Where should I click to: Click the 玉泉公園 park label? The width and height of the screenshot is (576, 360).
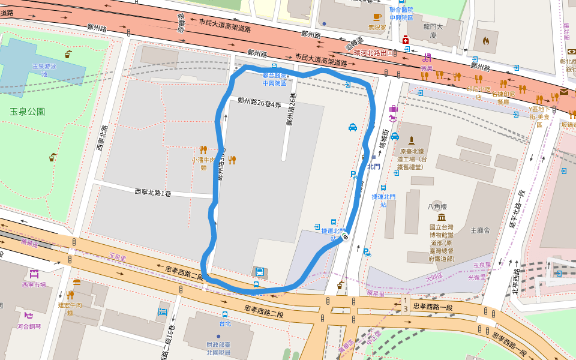pos(28,112)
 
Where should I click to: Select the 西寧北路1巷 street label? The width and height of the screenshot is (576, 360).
pos(152,193)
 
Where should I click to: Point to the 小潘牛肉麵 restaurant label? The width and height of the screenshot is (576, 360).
pos(202,164)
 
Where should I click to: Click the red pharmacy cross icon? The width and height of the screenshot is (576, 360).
pos(406,40)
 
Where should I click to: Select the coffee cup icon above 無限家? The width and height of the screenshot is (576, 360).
pos(377,17)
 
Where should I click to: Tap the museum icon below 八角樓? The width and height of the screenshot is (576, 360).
pos(442,217)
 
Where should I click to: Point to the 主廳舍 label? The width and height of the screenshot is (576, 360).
pos(481,230)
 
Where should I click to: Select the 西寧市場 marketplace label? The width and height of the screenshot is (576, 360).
pos(34,284)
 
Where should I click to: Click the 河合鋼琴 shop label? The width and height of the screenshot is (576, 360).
pos(29,326)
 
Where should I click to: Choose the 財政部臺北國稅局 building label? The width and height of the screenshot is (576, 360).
pos(218,348)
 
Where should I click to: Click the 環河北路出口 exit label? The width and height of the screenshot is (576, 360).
pos(374,53)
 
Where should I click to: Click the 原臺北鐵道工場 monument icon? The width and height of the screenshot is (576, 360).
pos(411,140)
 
